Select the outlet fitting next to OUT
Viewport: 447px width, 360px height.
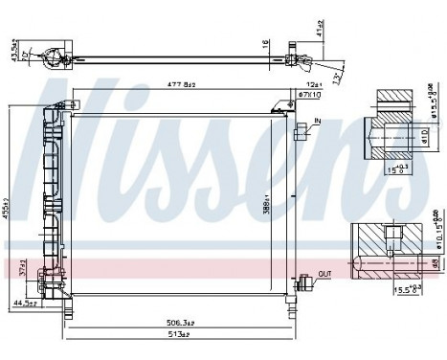304,281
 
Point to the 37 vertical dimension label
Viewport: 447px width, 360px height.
22,272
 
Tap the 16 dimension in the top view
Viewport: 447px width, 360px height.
266,44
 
